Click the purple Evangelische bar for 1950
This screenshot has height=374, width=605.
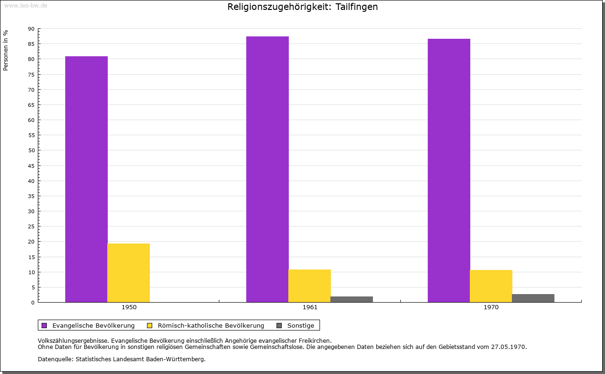pos(86,179)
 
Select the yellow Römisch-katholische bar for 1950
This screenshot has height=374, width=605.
pos(129,273)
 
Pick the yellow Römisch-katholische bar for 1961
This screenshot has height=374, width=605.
pos(310,286)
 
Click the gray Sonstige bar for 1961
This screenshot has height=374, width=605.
pos(352,299)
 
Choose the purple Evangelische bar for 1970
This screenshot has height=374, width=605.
pos(449,170)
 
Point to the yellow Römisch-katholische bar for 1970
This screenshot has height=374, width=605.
pos(491,286)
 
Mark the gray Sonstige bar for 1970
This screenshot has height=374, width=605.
pos(533,298)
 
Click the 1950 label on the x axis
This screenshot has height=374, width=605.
pos(129,307)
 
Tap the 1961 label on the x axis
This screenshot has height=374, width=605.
pos(310,307)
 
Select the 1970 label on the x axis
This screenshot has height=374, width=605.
pos(491,307)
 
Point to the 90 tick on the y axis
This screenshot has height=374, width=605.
pos(31,29)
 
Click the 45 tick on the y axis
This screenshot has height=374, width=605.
pos(31,165)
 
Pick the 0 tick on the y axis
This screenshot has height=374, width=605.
pos(33,303)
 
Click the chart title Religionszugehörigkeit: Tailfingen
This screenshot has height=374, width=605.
pos(302,7)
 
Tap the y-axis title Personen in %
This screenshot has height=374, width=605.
pos(6,50)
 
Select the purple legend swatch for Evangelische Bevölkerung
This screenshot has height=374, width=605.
pos(44,325)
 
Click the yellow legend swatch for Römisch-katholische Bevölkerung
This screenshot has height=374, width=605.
pos(150,325)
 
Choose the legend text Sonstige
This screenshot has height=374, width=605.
pos(301,325)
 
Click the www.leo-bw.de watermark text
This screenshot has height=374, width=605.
pos(26,5)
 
